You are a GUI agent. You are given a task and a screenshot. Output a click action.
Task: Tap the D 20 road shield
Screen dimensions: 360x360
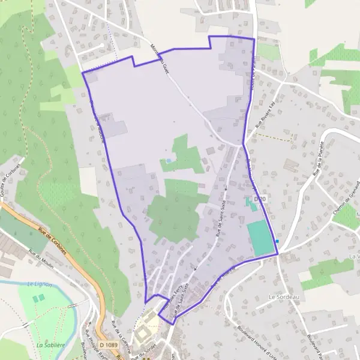tap(259, 199)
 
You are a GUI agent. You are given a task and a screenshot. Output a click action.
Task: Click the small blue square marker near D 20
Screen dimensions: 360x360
tap(277, 242)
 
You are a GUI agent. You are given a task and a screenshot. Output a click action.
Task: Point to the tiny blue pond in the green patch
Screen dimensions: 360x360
tap(169, 161)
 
